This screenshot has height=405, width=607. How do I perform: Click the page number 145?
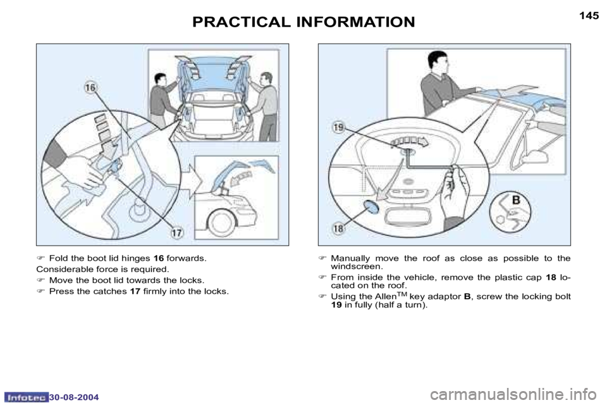(589, 16)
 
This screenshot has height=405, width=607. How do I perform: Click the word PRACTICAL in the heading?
(241, 22)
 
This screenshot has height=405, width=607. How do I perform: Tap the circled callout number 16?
(90, 88)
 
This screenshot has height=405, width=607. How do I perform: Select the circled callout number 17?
(176, 233)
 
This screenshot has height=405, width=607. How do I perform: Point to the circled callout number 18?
(338, 228)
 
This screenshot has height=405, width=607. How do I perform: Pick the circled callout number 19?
(338, 127)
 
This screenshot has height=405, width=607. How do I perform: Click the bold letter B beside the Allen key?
(516, 200)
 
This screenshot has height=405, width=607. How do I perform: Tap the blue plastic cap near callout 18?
(372, 208)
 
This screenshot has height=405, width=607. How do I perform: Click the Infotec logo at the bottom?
(27, 397)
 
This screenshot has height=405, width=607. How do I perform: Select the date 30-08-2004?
(74, 397)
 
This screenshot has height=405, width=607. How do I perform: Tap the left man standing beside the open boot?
(162, 99)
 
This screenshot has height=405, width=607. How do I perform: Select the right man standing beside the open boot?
(265, 106)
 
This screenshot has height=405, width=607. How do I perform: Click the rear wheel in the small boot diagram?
(221, 223)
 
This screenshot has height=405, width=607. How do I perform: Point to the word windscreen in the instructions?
(356, 266)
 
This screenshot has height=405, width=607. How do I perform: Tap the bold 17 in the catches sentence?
(135, 291)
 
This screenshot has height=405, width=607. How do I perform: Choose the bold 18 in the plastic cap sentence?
(551, 277)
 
